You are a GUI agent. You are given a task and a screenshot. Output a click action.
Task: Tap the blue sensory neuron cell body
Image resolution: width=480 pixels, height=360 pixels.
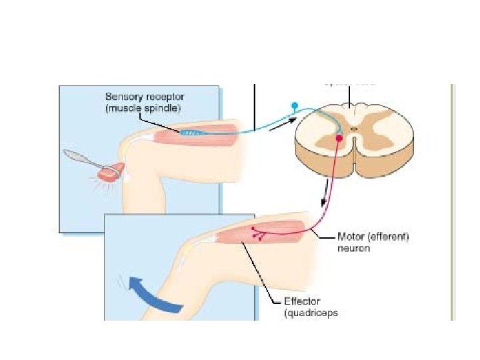294,105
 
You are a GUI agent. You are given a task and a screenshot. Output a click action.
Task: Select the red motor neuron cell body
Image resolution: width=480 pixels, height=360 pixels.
339,138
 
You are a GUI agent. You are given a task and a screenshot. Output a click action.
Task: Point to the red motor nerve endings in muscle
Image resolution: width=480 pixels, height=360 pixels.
259,233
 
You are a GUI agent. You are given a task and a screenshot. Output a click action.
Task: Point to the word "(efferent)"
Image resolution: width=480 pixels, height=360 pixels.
392,237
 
